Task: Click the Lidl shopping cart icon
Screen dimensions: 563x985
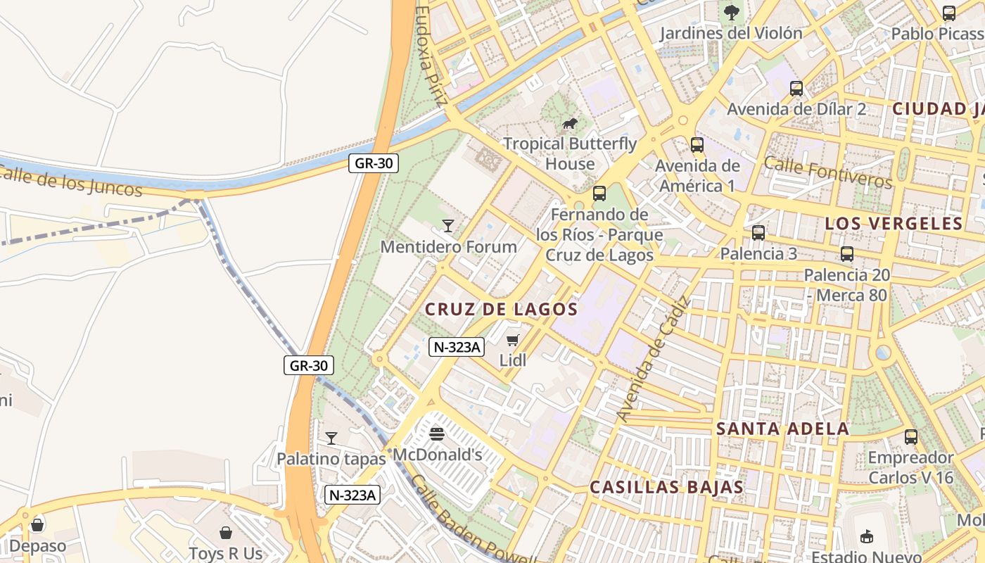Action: (512, 341)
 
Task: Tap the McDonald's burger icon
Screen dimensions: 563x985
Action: (437, 434)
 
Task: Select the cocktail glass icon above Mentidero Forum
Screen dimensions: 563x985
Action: (447, 226)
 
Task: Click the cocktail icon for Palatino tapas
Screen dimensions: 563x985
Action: (331, 438)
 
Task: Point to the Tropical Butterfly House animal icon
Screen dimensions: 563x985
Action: (569, 125)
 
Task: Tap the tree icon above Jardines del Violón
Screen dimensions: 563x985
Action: (732, 12)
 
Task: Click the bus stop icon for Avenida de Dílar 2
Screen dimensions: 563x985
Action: (796, 89)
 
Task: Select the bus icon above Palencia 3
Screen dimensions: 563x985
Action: (758, 233)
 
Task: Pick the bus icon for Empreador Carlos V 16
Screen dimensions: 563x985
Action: (910, 437)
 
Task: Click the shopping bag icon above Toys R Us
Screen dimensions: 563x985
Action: (226, 533)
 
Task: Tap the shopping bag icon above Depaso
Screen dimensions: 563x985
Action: (37, 525)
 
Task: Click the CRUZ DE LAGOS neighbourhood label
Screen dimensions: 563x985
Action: (501, 309)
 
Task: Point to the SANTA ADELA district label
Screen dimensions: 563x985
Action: (782, 429)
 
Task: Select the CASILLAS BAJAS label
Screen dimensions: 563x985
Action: (666, 487)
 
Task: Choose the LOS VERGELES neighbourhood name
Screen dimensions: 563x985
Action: (893, 224)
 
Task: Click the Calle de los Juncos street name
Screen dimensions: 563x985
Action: (70, 181)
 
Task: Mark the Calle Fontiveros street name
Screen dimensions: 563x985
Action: (827, 173)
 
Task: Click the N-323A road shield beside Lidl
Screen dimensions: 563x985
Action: (457, 346)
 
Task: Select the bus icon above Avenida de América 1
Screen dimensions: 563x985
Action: (697, 145)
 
